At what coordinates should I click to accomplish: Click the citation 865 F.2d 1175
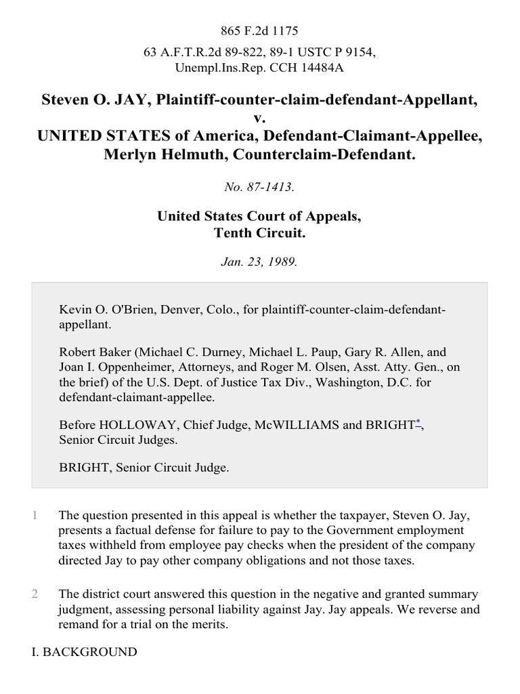tap(259, 30)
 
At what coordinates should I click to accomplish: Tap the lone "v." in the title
tap(260, 119)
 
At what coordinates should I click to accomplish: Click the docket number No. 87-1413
tap(259, 186)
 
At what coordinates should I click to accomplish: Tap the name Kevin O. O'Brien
tap(103, 309)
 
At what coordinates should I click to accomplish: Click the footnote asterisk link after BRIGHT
tap(418, 422)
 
